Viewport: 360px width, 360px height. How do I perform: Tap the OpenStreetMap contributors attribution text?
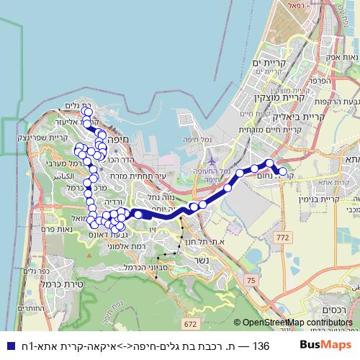pyautogui.click(x=292, y=323)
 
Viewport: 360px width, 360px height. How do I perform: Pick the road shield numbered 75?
pyautogui.click(x=251, y=279)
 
